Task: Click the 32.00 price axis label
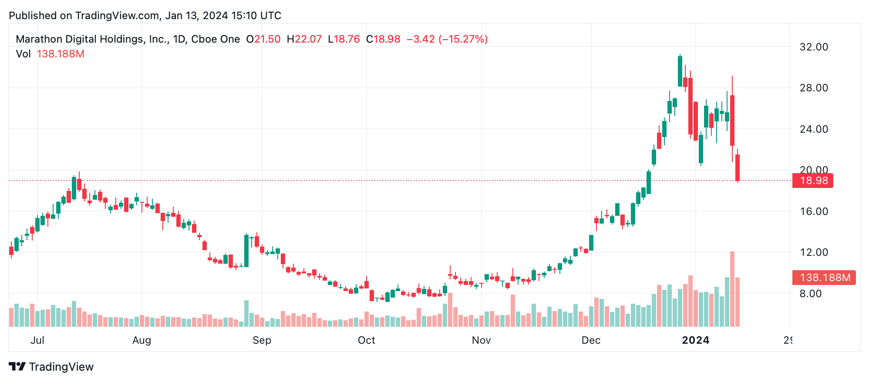pos(813,47)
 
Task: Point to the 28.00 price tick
pos(813,88)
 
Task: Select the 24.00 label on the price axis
pos(813,129)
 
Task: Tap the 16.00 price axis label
pos(813,211)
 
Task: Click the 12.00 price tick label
pos(813,252)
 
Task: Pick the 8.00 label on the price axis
pos(810,294)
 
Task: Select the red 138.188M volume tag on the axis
pos(824,278)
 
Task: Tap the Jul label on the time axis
pos(37,340)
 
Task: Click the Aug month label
pos(141,340)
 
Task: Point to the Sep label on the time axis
pos(262,340)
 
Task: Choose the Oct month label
pos(366,340)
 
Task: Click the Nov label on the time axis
pos(481,340)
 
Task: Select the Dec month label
pos(591,340)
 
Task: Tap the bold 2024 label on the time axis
pos(695,340)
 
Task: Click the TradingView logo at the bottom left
pos(51,367)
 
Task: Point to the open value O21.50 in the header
pos(263,39)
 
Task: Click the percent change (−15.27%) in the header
pos(463,39)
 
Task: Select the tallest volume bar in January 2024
pos(732,289)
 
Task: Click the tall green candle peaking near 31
pos(680,71)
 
